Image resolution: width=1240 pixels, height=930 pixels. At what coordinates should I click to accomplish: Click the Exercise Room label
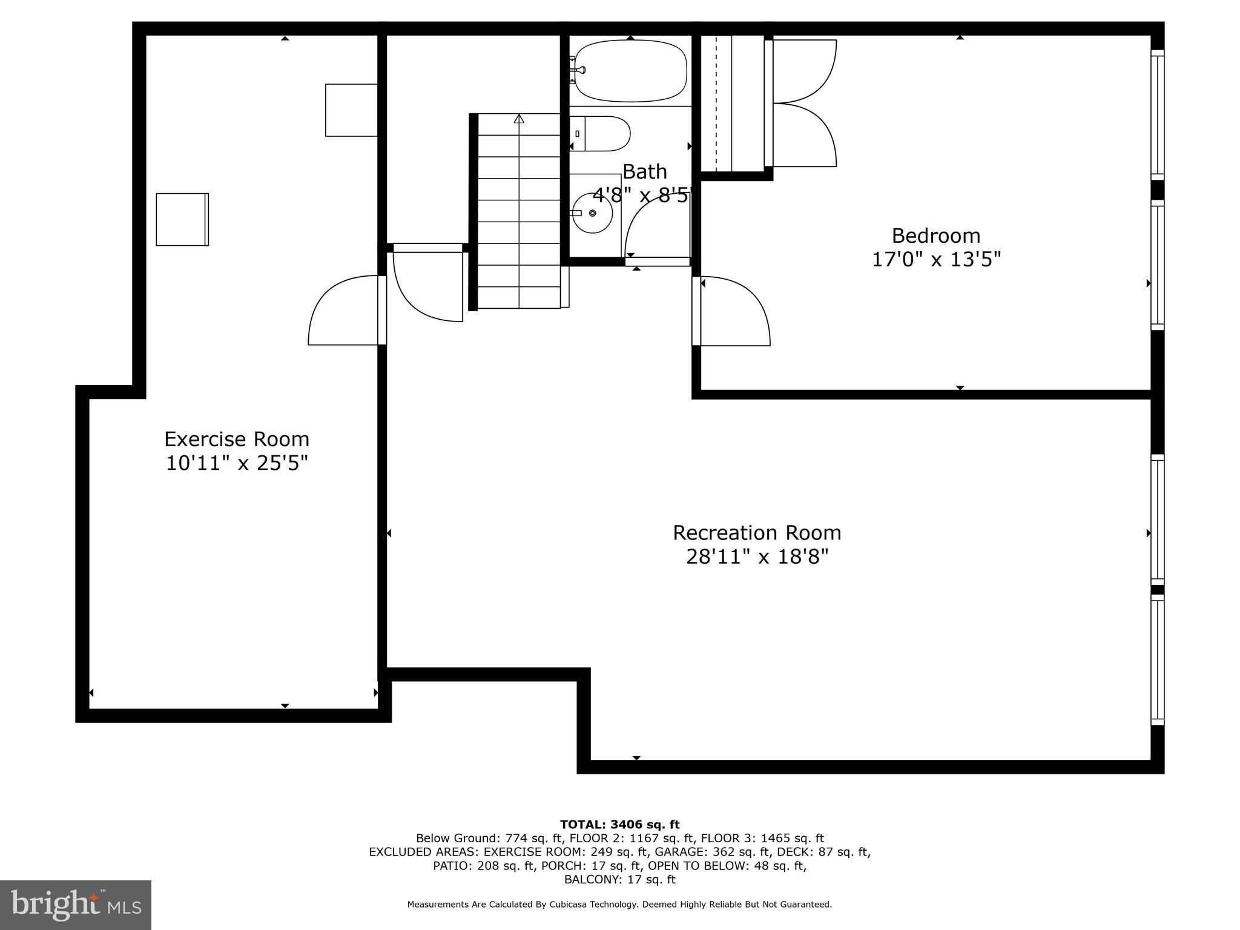(236, 439)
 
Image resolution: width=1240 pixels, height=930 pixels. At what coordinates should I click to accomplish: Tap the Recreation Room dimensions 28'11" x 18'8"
(757, 556)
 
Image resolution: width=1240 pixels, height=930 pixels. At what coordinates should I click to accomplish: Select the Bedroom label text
(935, 236)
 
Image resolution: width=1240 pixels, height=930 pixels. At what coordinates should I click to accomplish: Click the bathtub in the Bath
(630, 70)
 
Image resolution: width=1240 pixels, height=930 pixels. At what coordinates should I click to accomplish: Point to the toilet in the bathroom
(601, 134)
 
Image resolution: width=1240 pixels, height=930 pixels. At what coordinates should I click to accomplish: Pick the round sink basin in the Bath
(593, 213)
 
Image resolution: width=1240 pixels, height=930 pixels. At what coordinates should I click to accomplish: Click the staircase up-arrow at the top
(519, 119)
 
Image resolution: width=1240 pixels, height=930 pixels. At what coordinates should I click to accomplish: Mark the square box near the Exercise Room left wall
(182, 219)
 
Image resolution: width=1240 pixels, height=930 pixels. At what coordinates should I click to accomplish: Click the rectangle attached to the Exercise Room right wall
(351, 110)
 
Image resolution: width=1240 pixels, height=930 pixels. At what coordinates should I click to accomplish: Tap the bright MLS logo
(76, 905)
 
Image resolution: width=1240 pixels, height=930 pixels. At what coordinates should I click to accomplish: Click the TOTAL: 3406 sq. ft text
(619, 825)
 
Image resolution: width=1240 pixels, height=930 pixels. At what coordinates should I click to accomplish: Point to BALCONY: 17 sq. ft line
(619, 879)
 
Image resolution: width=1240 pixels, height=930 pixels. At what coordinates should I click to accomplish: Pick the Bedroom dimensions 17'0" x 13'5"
(935, 260)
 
